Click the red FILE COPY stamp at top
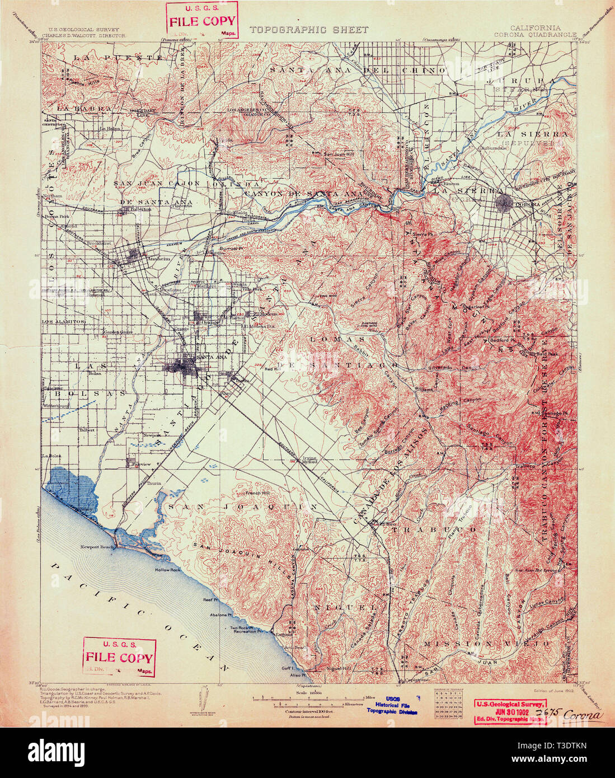point(203,20)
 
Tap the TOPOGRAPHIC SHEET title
point(309,30)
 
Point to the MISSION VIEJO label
point(486,644)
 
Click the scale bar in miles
point(311,697)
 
